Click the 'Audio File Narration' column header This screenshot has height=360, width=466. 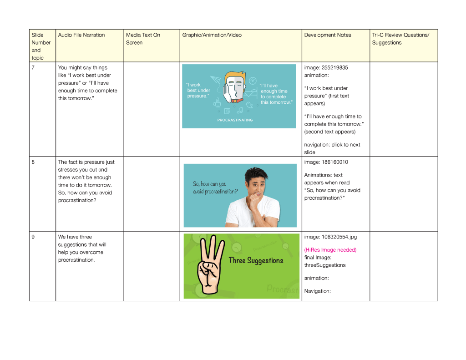81,35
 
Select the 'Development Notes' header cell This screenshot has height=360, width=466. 328,35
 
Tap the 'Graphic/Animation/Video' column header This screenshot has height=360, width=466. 212,35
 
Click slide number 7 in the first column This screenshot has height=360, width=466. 34,68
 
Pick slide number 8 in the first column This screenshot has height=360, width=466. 34,162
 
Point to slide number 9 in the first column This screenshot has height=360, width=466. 34,237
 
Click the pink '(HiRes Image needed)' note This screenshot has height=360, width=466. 330,250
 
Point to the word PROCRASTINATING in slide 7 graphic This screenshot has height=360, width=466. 235,120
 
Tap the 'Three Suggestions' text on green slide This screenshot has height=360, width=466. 256,261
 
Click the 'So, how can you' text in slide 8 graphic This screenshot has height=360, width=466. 210,184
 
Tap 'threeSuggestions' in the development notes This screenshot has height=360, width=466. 325,265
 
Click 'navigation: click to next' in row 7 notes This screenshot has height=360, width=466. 332,145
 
